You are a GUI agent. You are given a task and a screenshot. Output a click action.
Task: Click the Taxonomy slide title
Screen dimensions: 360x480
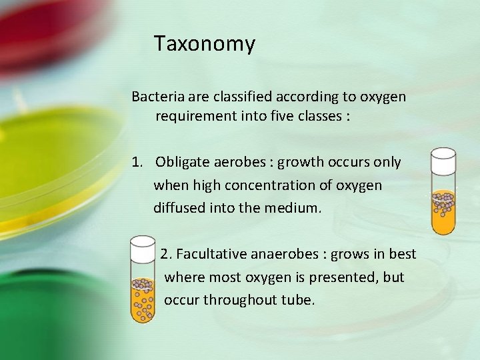[x=204, y=44]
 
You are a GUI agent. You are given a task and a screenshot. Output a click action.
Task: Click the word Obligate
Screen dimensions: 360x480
[x=180, y=162]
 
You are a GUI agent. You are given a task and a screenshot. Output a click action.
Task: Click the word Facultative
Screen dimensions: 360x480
[x=212, y=254]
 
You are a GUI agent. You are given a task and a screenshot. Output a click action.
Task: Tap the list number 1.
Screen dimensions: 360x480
[x=137, y=162]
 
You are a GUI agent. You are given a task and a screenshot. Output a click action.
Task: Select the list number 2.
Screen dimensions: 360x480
[x=166, y=254]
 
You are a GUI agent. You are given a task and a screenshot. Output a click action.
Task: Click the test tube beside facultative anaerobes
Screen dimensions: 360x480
[x=142, y=280]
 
